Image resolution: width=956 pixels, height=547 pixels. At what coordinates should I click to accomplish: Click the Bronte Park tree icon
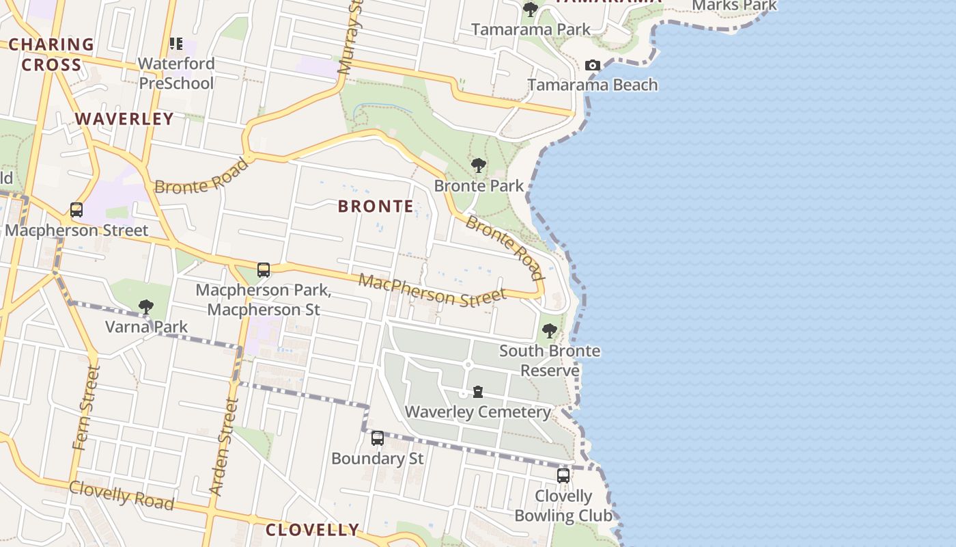click(x=479, y=165)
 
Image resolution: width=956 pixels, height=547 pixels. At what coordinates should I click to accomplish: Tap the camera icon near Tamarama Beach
click(x=593, y=66)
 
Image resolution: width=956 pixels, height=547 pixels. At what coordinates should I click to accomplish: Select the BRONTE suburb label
click(x=376, y=206)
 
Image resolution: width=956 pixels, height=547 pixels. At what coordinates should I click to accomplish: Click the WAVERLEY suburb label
click(x=124, y=119)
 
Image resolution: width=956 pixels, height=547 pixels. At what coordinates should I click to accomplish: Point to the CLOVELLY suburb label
click(x=312, y=530)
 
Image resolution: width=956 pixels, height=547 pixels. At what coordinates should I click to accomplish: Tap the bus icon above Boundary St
click(x=378, y=438)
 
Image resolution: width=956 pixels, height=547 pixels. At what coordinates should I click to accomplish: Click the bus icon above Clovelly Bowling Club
click(x=563, y=476)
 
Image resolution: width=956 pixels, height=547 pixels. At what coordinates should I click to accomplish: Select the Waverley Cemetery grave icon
click(x=478, y=392)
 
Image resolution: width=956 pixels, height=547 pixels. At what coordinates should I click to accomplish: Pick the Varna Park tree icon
click(x=145, y=306)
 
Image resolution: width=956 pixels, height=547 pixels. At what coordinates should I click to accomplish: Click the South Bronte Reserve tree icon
click(x=549, y=332)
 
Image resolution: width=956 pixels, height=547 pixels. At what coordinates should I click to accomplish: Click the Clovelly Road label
click(x=122, y=495)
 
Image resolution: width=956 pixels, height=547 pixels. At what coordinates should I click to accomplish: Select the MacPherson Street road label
click(x=432, y=290)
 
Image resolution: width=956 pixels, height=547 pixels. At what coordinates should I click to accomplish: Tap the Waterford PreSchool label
click(x=176, y=73)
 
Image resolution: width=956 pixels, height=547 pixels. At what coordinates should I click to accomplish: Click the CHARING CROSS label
click(x=51, y=55)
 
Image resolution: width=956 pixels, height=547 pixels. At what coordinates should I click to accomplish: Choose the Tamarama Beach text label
click(x=593, y=85)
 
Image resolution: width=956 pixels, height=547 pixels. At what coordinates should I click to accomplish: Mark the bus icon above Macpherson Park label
click(x=264, y=270)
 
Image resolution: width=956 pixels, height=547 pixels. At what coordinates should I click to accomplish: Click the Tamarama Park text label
click(x=531, y=29)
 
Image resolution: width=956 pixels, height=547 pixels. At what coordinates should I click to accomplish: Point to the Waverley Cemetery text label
click(x=478, y=412)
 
